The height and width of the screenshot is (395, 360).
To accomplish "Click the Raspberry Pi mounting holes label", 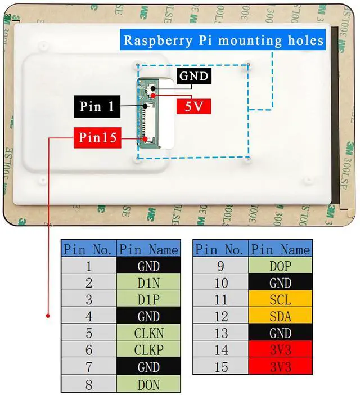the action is (x=224, y=41).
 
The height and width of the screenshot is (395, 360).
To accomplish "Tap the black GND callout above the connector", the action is (x=194, y=76).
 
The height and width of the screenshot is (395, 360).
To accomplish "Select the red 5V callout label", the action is (x=193, y=106).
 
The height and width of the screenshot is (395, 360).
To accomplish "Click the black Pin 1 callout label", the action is (x=96, y=106).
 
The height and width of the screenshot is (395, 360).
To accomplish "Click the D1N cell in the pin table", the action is (x=148, y=283).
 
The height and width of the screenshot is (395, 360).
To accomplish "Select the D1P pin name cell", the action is (x=148, y=300).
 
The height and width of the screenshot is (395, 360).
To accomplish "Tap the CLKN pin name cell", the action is (x=148, y=333).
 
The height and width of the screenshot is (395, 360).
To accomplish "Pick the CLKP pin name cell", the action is (x=148, y=350).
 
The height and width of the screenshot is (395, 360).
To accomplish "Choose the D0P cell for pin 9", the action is (x=281, y=266).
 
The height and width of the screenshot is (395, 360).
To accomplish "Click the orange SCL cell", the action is (x=281, y=299).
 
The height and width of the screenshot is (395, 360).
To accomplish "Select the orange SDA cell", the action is (x=281, y=316).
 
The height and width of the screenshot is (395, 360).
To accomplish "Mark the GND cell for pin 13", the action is (x=281, y=333).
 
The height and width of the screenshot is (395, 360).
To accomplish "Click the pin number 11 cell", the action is (x=221, y=299).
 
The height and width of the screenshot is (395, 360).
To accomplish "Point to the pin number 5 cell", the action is (x=89, y=333).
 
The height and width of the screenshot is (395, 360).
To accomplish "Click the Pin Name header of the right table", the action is (x=281, y=249).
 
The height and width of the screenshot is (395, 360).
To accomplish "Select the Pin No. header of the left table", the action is (x=89, y=249).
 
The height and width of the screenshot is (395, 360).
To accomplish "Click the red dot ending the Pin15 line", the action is (x=48, y=316).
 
